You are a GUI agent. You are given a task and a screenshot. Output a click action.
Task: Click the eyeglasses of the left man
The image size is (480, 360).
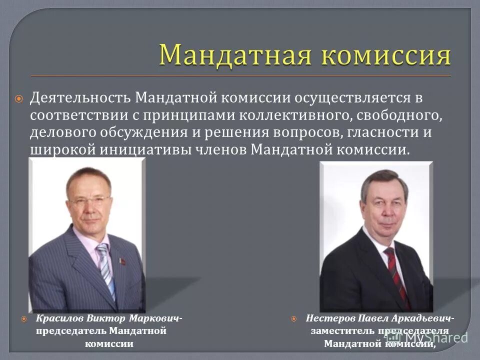(x=89, y=200)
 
